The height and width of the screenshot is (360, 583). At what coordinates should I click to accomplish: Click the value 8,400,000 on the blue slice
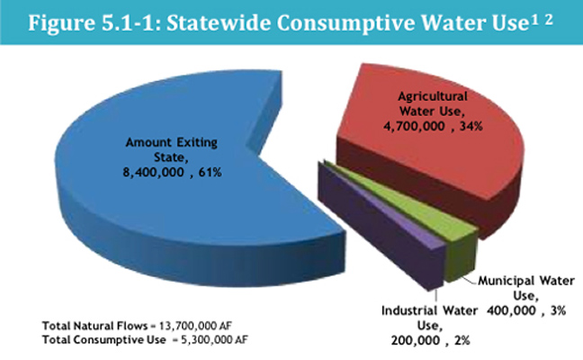[x=153, y=172]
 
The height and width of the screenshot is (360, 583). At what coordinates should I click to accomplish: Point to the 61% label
[x=210, y=172]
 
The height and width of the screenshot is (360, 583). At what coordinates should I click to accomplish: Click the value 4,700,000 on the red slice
[x=414, y=126]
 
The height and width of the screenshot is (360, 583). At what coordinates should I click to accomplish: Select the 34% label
[x=471, y=126]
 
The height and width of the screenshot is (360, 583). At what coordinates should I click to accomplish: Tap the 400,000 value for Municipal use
[x=511, y=310]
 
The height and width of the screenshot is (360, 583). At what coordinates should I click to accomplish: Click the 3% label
[x=558, y=310]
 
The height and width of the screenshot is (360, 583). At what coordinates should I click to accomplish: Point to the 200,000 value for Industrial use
[x=416, y=340]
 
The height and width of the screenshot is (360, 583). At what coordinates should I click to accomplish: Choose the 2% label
[x=462, y=340]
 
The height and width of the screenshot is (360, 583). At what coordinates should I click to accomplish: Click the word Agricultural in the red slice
[x=433, y=96]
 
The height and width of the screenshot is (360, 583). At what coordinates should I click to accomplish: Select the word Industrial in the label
[x=406, y=310]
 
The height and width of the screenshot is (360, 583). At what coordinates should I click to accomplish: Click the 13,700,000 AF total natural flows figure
[x=195, y=326]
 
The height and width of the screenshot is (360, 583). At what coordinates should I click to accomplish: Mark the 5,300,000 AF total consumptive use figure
[x=214, y=339]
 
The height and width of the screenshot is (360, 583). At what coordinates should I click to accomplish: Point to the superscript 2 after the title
[x=549, y=19]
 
